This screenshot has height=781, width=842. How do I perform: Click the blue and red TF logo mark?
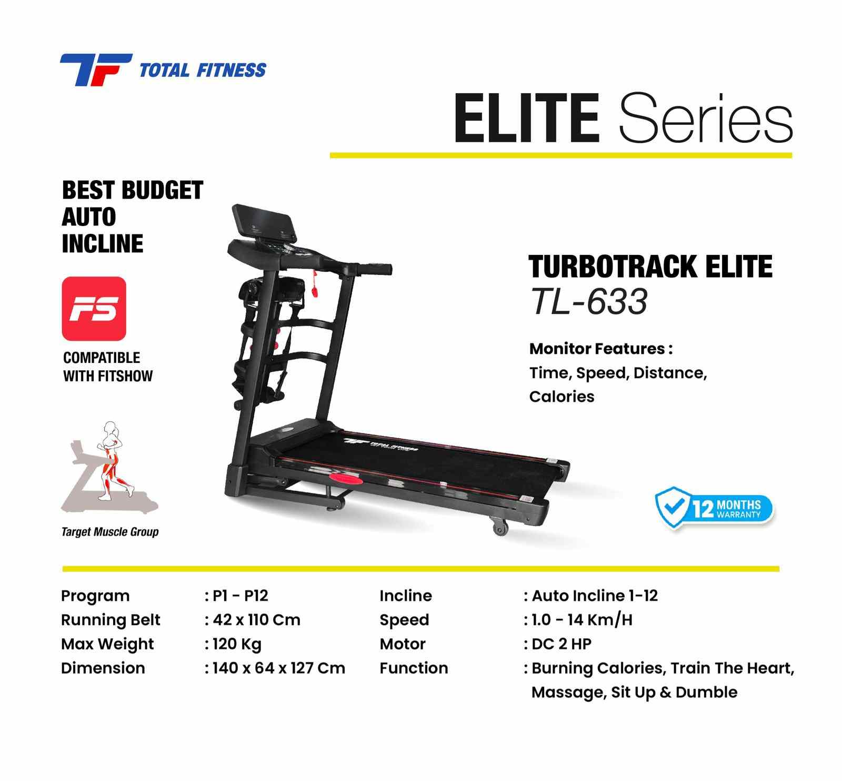96,70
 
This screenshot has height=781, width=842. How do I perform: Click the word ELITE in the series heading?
527,118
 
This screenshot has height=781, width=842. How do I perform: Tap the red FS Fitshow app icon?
94,309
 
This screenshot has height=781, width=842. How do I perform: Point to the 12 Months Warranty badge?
714,508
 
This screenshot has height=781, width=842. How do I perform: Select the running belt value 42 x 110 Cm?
256,620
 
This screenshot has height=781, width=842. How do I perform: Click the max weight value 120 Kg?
237,645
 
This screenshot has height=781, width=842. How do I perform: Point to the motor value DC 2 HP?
562,644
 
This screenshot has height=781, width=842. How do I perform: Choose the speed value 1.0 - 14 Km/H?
582,620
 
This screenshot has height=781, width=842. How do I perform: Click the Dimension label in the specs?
103,668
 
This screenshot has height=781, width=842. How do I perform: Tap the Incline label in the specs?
406,596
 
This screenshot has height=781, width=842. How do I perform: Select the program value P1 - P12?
240,596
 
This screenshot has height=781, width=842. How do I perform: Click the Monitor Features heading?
601,349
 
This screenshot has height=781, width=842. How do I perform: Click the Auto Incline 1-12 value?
595,596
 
